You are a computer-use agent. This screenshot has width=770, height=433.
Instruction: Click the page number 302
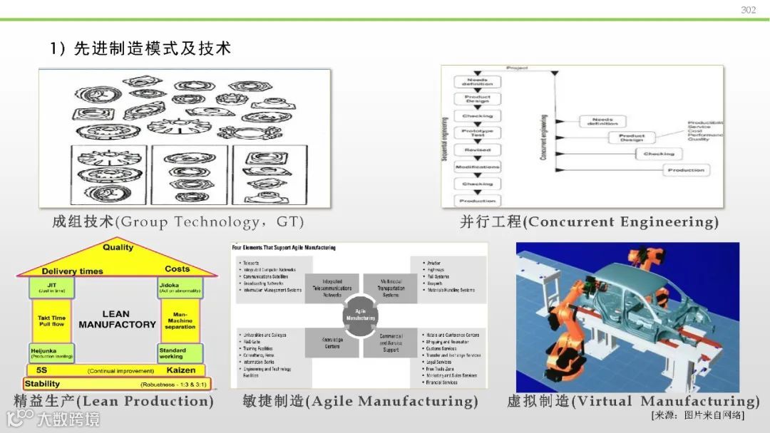point(748,10)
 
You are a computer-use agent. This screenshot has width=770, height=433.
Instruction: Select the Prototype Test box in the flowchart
point(477,132)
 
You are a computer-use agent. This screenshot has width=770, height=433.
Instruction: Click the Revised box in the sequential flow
point(477,150)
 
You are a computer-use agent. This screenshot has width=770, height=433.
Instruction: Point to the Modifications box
point(477,167)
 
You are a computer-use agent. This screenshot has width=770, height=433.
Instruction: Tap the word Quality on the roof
point(118,248)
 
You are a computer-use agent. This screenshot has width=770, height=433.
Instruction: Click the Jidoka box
point(181,288)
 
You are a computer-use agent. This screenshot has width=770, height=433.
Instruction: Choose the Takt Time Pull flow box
point(51,321)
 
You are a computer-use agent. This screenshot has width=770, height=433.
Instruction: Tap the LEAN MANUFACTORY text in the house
point(117,319)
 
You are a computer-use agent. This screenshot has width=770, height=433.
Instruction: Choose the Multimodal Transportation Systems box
point(391,288)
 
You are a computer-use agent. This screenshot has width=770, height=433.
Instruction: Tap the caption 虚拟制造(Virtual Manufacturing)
point(633,401)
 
